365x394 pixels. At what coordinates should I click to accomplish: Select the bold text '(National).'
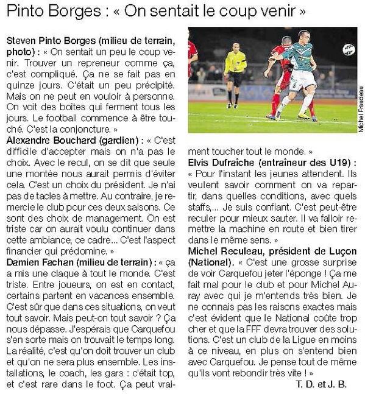point(213,262)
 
